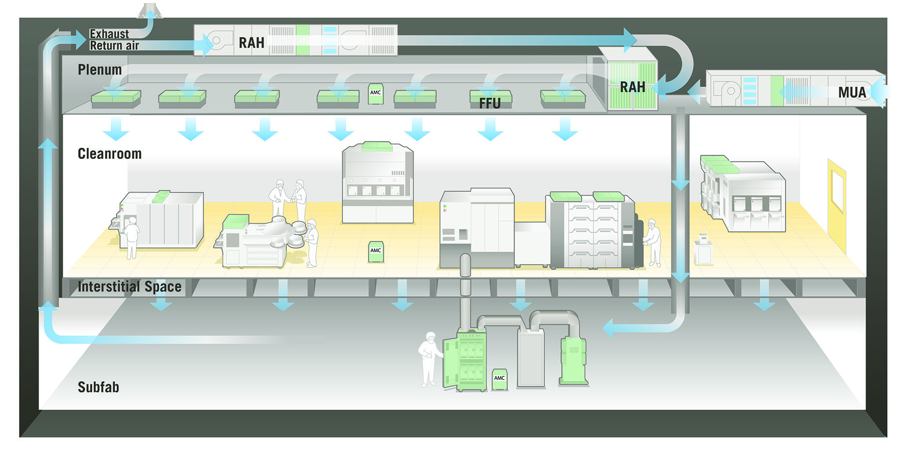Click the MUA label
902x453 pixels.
tap(852, 93)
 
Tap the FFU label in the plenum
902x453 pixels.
tap(490, 103)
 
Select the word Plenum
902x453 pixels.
tap(99, 70)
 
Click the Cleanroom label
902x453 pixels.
tap(109, 154)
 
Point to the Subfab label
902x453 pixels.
tap(98, 387)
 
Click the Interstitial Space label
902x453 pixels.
tap(129, 287)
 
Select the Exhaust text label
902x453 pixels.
tap(109, 34)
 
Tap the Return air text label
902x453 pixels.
tap(114, 46)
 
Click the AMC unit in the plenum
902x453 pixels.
tap(375, 94)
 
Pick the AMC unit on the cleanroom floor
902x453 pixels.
tap(375, 251)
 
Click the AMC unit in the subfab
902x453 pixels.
tap(499, 379)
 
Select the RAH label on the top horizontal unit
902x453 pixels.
tap(251, 43)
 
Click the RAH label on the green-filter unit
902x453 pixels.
tap(632, 87)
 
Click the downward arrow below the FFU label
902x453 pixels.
tap(490, 129)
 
